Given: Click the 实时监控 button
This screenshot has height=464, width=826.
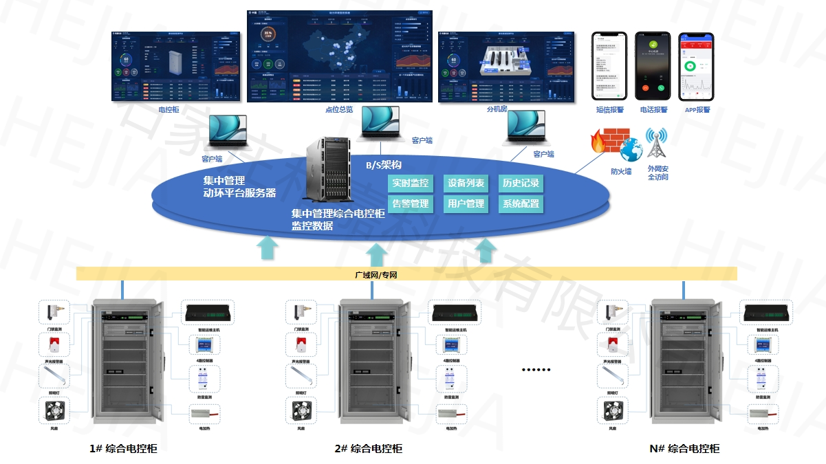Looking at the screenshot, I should click(411, 183).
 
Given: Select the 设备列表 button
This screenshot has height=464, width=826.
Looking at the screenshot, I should click(466, 183).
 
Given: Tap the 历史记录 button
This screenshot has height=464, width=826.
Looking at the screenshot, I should click(520, 183).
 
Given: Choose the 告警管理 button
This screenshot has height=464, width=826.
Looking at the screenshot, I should click(411, 204).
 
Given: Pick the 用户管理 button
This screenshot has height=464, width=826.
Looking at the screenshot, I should click(466, 204).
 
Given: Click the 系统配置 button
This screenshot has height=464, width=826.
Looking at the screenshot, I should click(520, 204).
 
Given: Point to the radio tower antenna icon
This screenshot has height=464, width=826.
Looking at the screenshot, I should click(657, 142).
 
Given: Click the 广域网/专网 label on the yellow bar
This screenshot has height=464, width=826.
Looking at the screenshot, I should click(376, 275).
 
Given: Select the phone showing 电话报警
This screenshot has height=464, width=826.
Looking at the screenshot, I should click(652, 66).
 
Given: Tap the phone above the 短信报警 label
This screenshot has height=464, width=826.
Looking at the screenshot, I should click(609, 66).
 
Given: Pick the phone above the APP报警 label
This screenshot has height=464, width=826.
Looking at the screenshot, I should click(695, 66).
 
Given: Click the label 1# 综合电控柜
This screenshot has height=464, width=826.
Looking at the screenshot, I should click(123, 449).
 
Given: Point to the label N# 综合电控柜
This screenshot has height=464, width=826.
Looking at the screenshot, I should click(684, 449).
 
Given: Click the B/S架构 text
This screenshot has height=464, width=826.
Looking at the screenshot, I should click(383, 165).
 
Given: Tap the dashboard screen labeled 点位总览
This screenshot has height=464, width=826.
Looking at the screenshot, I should click(339, 57).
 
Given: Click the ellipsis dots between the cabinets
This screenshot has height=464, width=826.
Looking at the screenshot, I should click(536, 370).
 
